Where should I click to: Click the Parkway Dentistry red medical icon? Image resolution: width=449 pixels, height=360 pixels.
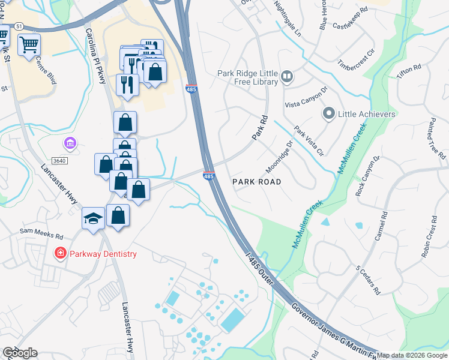[x=60, y=254]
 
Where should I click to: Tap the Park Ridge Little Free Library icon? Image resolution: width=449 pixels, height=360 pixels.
[x=287, y=77]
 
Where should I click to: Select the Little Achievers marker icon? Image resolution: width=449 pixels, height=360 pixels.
[x=329, y=113]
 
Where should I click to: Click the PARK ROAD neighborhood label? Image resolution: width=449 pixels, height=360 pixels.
[x=256, y=181]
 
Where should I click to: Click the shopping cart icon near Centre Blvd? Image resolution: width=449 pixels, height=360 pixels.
[x=29, y=45]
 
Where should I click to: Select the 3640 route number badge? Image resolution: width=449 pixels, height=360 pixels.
[x=59, y=160]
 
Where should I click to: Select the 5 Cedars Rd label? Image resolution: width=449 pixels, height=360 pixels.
[x=368, y=279]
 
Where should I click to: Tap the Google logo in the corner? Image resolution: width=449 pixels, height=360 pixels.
[x=20, y=353]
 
